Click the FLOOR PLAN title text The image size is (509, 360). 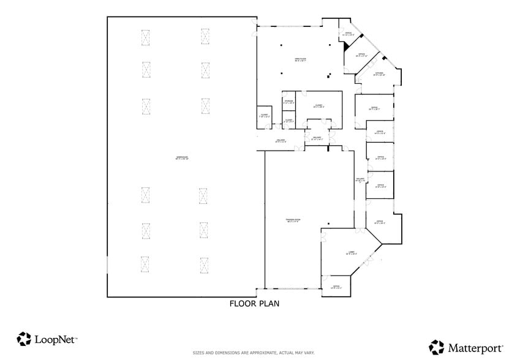tap(254, 303)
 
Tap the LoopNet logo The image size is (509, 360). tap(47, 339)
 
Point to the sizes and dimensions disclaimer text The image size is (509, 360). tap(254, 353)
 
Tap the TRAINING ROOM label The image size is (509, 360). tap(293, 220)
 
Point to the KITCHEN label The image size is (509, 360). tap(379, 74)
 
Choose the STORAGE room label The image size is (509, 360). tap(288, 102)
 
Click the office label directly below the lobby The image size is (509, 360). tap(336, 287)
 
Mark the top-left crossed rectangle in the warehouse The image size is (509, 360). tap(146, 37)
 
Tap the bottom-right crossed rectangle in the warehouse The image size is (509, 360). tap(203, 264)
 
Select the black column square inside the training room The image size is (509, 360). tap(329, 223)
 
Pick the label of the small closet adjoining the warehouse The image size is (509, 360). tap(264, 115)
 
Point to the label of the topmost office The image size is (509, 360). tap(347, 34)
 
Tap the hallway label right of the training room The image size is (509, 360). tap(360, 180)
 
